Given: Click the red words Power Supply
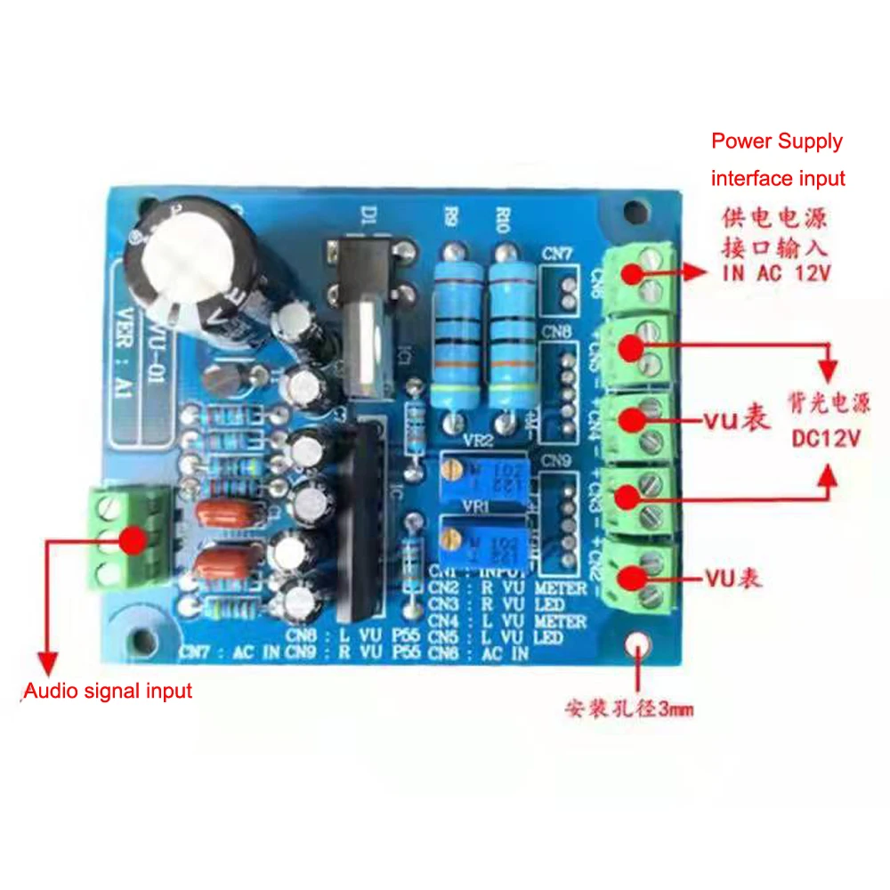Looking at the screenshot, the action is (776, 141).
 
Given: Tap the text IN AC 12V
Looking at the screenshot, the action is (776, 273).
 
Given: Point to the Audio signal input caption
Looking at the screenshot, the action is (108, 691).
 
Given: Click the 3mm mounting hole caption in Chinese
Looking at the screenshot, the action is (628, 709).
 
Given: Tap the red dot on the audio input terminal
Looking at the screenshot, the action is (133, 539).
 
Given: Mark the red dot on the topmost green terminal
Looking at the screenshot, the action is (633, 273).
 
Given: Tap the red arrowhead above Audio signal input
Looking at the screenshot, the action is (46, 663).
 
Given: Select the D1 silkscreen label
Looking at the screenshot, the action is (369, 215).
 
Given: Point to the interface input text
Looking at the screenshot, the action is (778, 178).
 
